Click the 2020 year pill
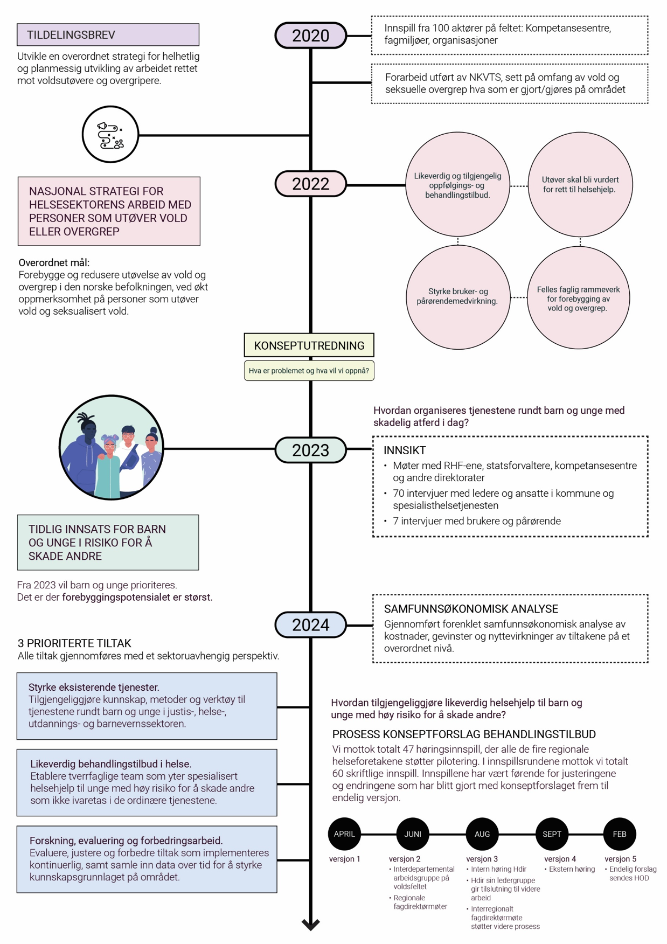point(311,36)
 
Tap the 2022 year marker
point(311,184)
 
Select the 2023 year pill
point(311,450)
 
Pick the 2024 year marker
point(311,624)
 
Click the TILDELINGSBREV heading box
point(108,35)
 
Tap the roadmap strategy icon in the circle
point(110,135)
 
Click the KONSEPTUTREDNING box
point(309,345)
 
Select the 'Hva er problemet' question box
point(309,371)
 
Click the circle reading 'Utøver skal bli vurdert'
point(580,184)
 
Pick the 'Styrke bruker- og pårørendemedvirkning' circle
point(458,297)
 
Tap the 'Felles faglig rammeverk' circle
point(578,297)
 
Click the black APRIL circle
point(344,834)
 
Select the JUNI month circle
point(413,834)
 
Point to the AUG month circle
point(482,834)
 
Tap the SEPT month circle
point(552,834)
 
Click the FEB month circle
point(620,834)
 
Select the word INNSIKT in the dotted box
point(405,450)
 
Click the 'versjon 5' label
point(620,859)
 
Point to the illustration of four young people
point(111,447)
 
